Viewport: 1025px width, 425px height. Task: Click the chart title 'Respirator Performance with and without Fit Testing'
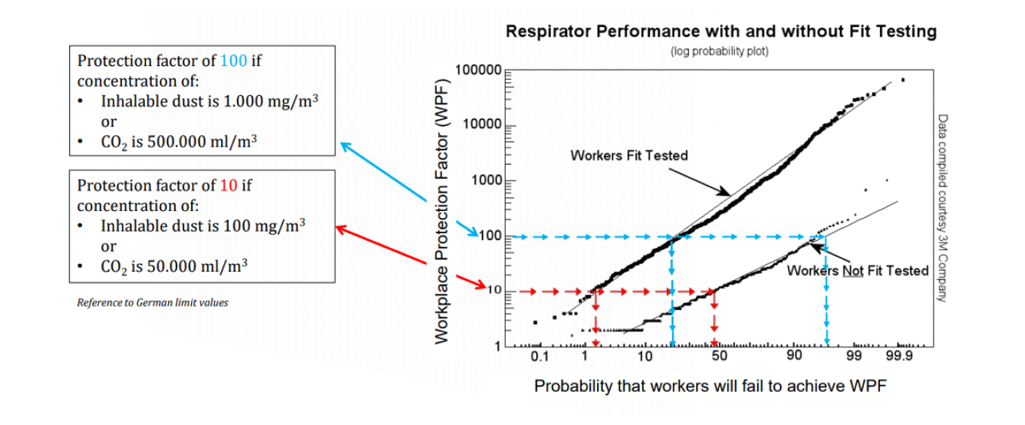click(x=720, y=31)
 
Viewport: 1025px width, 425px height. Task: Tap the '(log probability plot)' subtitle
click(x=720, y=51)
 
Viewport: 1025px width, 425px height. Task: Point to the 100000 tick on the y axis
click(x=478, y=70)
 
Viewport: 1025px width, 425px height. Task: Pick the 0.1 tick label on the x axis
click(x=539, y=357)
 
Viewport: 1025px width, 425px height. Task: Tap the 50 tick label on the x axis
click(x=718, y=357)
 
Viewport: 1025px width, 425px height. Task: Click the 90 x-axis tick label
click(x=794, y=357)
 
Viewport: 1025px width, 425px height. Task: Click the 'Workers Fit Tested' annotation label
click(x=629, y=156)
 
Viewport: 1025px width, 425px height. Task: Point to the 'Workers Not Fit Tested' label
click(x=858, y=271)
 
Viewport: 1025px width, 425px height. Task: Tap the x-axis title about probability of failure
click(x=710, y=385)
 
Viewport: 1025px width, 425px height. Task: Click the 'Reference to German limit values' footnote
click(x=153, y=302)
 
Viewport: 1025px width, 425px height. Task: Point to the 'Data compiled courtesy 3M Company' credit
click(x=942, y=203)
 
